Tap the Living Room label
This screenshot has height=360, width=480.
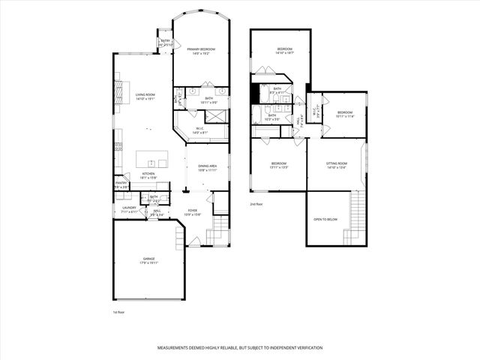pos(145,94)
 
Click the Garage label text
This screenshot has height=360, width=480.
pos(149,259)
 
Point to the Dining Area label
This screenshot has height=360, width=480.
pos(207,167)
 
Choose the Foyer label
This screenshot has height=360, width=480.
pos(193,212)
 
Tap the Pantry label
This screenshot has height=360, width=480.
pos(121,184)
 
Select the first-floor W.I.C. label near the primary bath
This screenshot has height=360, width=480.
pos(201,130)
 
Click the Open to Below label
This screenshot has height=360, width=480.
pos(325,220)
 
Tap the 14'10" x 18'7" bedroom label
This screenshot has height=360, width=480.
pos(279,51)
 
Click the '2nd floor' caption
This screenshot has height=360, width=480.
pos(257,204)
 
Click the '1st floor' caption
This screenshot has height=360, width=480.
pos(119,311)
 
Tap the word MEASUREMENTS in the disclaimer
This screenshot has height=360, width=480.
pos(177,348)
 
